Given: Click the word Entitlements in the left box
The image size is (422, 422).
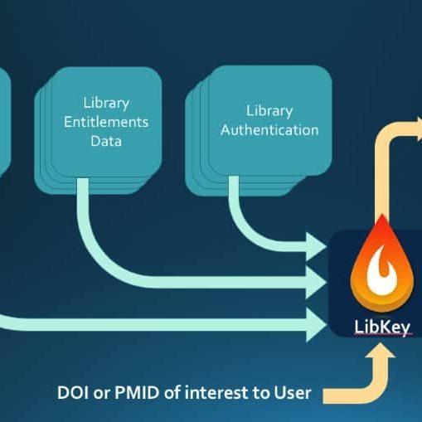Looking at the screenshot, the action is (x=106, y=122).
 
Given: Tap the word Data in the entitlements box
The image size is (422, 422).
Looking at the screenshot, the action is (x=106, y=141).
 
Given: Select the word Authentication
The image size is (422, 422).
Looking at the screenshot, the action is (x=269, y=130).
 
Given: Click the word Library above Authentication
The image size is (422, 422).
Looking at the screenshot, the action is (x=269, y=111).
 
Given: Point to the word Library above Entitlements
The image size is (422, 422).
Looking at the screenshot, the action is (x=106, y=104).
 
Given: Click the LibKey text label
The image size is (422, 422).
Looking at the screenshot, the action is (x=382, y=327).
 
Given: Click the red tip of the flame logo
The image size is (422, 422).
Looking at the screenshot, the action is (x=382, y=221).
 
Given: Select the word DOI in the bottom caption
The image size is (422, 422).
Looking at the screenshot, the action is (x=73, y=392).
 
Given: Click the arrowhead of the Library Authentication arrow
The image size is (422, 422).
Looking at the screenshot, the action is (x=317, y=247).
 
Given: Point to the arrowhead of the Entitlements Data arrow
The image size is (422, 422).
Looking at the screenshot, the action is (x=317, y=283).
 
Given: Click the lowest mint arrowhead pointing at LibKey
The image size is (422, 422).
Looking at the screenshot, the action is (x=317, y=325).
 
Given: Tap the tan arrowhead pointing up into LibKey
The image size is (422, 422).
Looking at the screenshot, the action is (x=381, y=351).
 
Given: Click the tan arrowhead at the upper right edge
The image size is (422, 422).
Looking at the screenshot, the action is (x=420, y=128).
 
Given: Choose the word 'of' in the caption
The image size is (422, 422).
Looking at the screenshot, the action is (x=172, y=392).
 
